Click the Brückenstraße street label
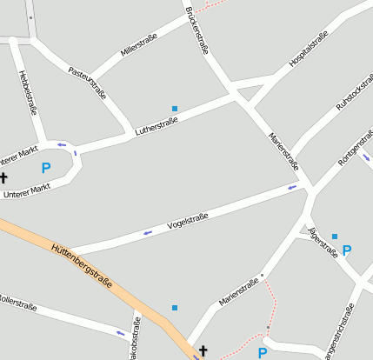pos(197,32)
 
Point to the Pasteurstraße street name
pos(87,83)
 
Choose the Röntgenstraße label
pos(356,147)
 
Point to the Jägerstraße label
pos(323,243)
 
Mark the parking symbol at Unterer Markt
pos(46,168)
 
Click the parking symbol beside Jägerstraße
pos(347,250)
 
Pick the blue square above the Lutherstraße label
pos(175,109)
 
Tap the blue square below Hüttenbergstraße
pos(175,308)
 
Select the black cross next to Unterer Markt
pos(3,177)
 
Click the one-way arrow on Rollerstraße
pos(120,332)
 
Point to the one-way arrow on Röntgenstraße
pos(366,157)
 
